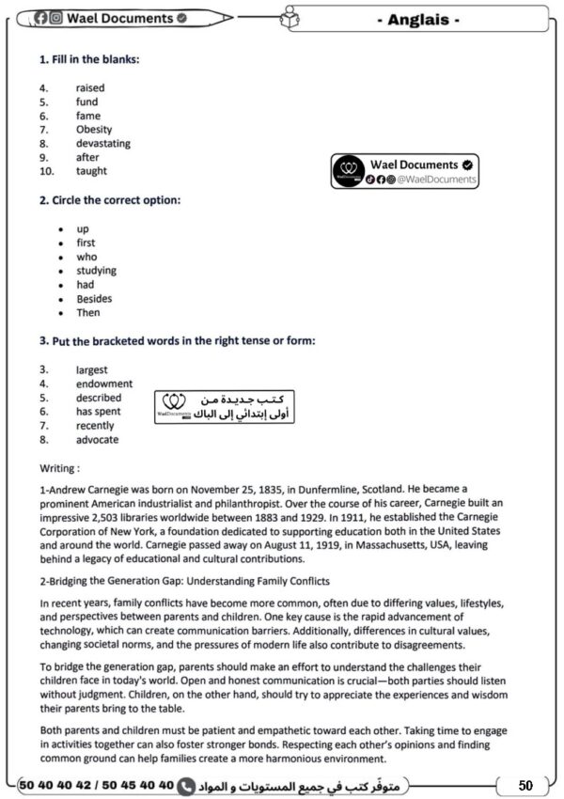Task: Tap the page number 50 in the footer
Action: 525,785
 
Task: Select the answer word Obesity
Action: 94,130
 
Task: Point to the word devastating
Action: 103,144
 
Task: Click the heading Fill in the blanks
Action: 89,59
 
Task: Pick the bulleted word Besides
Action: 94,299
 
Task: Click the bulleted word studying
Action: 97,271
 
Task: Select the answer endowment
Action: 104,384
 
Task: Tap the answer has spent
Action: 99,412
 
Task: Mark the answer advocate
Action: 98,440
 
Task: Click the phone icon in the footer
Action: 186,785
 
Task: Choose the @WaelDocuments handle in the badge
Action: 438,180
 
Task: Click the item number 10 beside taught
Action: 46,171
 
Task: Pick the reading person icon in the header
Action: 289,16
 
